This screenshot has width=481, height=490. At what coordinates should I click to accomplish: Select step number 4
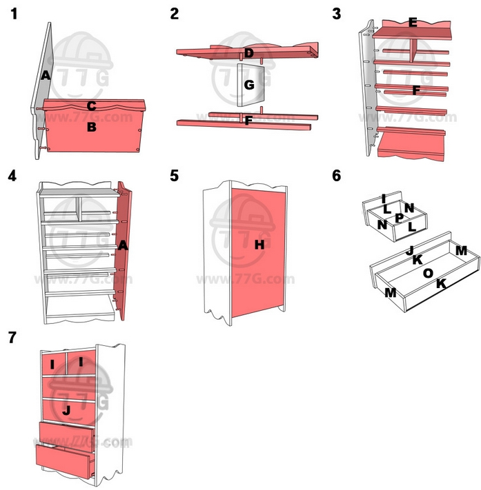[x=12, y=175]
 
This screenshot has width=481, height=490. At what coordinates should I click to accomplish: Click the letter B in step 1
[x=91, y=127]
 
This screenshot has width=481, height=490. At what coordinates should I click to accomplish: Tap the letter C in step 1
[x=91, y=106]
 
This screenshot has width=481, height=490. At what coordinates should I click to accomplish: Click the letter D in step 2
[x=249, y=53]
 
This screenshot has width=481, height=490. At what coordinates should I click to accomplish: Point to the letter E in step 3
[x=413, y=23]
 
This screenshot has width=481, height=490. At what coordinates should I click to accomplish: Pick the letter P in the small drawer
[x=399, y=218]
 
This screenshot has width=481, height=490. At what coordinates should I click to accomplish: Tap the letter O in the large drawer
[x=428, y=274]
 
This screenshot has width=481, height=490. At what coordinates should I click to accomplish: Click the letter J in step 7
[x=66, y=410]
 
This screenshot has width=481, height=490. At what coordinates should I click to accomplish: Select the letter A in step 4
[x=123, y=245]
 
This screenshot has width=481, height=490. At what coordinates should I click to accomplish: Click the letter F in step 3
[x=415, y=90]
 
